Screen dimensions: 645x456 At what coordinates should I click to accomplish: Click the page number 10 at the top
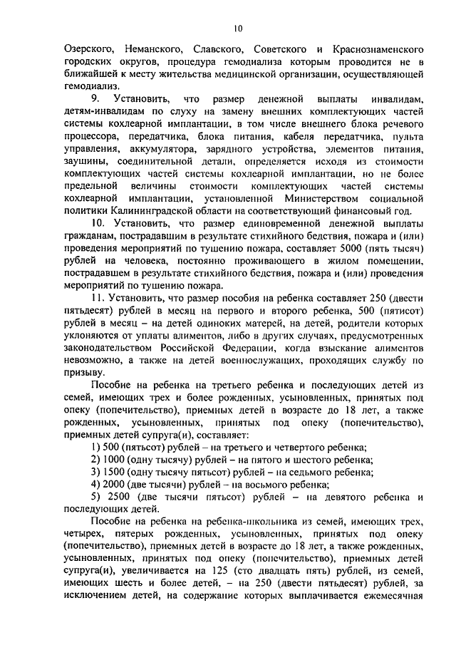tap(238, 29)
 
